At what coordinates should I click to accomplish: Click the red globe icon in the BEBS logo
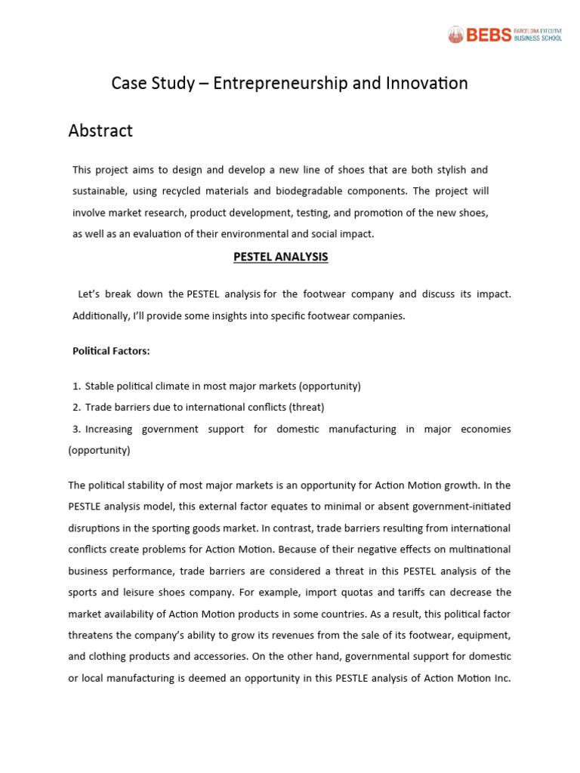pos(455,34)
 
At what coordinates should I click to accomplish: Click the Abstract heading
pos(100,131)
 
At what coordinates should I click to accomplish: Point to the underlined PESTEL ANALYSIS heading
pos(279,257)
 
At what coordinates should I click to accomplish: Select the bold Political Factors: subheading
pos(111,351)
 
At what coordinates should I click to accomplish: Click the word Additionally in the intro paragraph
pos(101,316)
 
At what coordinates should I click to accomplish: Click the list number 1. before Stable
pos(77,386)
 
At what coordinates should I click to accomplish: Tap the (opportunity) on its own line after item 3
pos(99,450)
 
